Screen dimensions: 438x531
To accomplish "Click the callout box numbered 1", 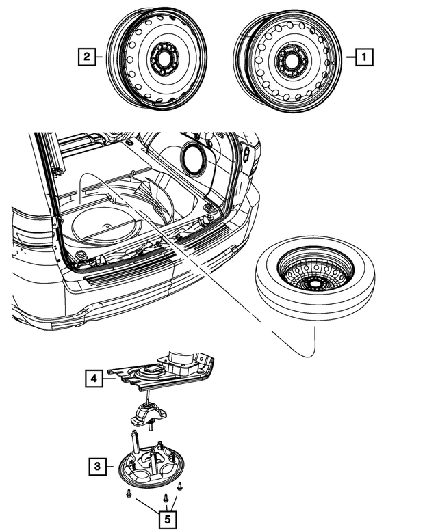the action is point(364,57).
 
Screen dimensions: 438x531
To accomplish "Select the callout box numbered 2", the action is point(87,57).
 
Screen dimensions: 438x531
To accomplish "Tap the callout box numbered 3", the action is point(98,466).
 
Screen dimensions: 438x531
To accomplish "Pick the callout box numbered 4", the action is point(94,378).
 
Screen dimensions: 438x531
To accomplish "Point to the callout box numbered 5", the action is point(168,519).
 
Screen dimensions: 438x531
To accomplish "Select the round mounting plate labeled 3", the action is point(151,467).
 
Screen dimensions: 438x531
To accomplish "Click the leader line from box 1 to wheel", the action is point(351,57).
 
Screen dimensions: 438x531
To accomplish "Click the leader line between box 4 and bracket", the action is point(109,379).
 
